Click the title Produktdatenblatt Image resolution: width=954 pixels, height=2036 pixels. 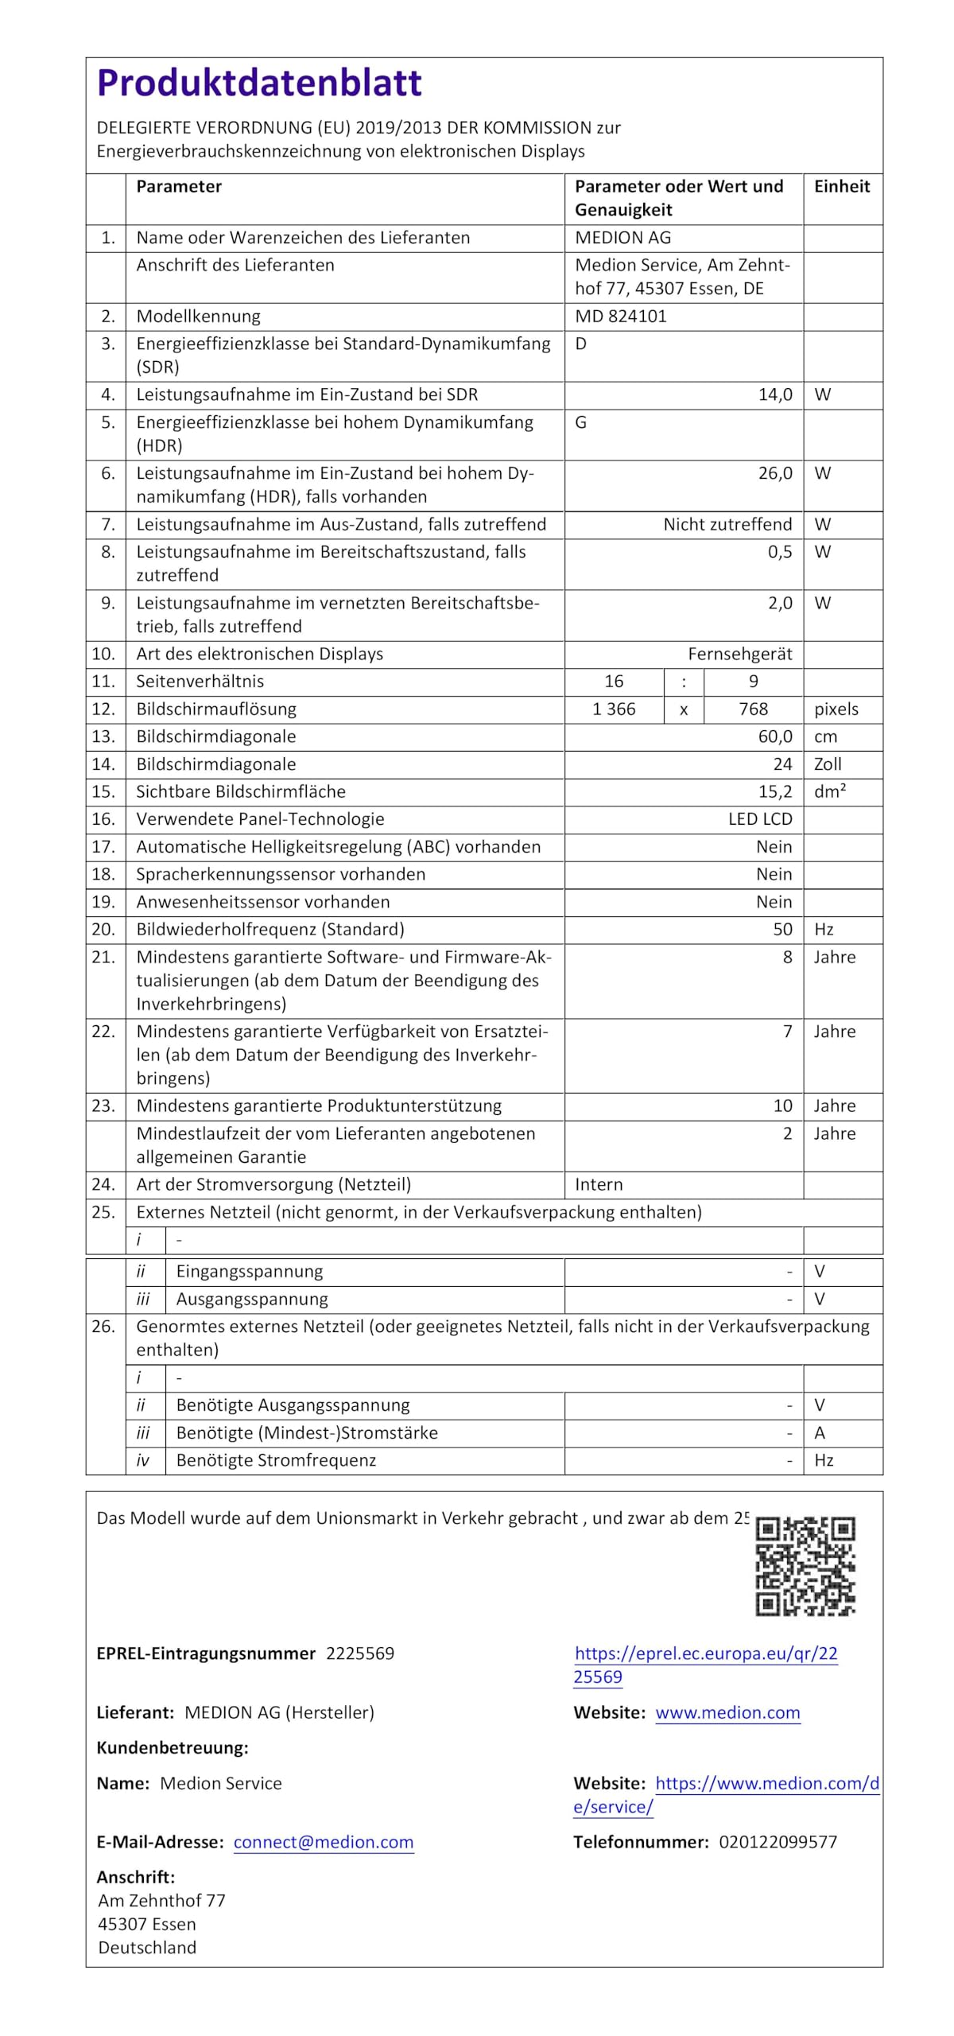(259, 84)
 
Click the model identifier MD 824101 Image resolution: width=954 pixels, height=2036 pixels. (621, 317)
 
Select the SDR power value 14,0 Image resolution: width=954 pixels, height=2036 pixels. (775, 395)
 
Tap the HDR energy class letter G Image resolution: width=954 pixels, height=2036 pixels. (581, 422)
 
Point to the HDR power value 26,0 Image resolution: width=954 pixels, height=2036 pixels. (775, 474)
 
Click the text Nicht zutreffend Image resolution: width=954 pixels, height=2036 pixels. (727, 525)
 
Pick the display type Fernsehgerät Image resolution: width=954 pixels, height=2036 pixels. (739, 655)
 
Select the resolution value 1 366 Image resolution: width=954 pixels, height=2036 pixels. (614, 709)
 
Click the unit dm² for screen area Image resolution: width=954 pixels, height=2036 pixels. (830, 792)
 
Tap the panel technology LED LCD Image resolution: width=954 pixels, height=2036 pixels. (760, 819)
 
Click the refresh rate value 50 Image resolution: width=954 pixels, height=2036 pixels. (782, 930)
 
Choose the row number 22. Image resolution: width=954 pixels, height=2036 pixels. (103, 1032)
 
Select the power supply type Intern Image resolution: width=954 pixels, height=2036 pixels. (599, 1185)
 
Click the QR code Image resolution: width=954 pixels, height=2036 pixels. (805, 1566)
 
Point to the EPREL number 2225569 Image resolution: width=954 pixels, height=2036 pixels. (360, 1653)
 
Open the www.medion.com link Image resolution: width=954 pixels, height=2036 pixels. (727, 1712)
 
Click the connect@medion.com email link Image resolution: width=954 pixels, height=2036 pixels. (324, 1842)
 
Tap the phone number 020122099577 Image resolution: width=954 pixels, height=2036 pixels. (778, 1842)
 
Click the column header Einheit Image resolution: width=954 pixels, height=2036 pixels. (842, 187)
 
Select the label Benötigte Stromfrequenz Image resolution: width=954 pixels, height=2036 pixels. (276, 1460)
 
